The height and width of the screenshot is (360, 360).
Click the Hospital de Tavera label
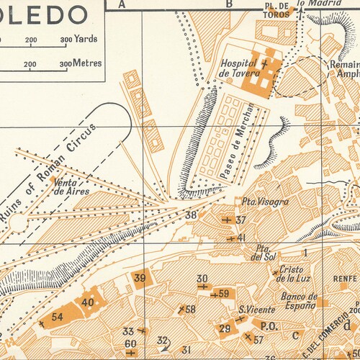[x=238, y=68]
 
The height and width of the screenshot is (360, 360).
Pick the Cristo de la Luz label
[x=291, y=275]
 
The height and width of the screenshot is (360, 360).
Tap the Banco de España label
[x=299, y=301]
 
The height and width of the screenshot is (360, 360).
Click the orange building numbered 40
[x=88, y=303]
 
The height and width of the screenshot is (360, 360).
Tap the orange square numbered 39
[x=140, y=279]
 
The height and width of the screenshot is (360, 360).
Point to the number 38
[x=191, y=215]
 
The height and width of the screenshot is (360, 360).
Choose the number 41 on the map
[x=242, y=237]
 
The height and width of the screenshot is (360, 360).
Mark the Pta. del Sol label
[x=264, y=253]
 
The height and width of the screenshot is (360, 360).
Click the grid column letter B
[x=230, y=4]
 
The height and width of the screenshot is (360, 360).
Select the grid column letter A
[x=122, y=4]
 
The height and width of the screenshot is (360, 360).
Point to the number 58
[x=190, y=310]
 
